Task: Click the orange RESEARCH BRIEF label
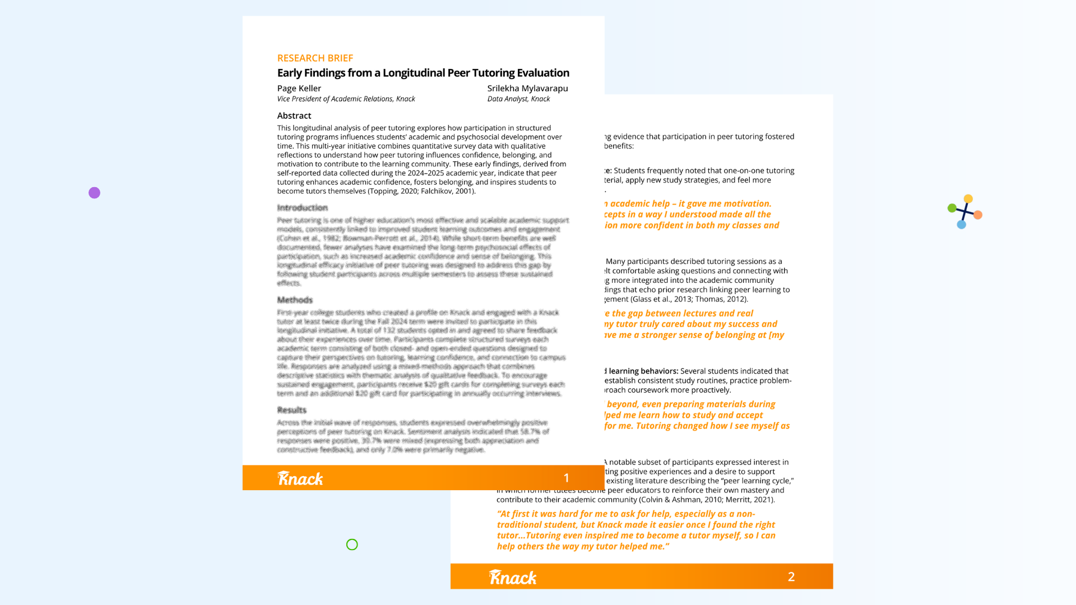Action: click(x=315, y=58)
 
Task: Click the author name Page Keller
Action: click(x=299, y=89)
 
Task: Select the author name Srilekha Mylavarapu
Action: click(x=527, y=89)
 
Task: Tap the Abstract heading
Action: click(x=294, y=116)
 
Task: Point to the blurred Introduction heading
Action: click(x=302, y=208)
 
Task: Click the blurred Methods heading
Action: click(x=295, y=300)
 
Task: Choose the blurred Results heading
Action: click(x=292, y=410)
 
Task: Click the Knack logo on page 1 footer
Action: click(x=300, y=478)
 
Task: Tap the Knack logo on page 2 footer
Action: click(x=513, y=577)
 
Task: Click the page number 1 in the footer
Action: click(x=567, y=478)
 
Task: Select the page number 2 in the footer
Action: click(x=791, y=577)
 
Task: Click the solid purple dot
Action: click(x=94, y=193)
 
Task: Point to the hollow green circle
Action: click(x=352, y=544)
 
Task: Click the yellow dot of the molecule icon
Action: click(x=968, y=199)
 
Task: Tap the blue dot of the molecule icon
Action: click(x=962, y=225)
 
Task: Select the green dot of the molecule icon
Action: click(x=952, y=208)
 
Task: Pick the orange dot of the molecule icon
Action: click(x=978, y=215)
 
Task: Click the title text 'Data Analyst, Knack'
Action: click(x=518, y=99)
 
